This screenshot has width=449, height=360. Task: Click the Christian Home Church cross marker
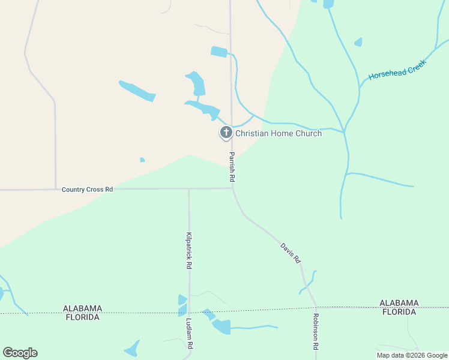(x=226, y=133)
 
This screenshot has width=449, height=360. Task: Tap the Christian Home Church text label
(x=279, y=133)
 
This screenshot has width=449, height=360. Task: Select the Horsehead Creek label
(x=397, y=70)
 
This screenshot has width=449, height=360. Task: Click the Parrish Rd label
(x=231, y=167)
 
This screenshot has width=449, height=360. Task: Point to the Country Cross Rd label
(x=87, y=190)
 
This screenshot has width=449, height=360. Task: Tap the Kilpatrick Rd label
(x=188, y=250)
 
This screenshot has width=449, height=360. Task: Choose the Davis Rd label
(x=290, y=253)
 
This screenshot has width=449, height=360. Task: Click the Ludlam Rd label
(x=189, y=334)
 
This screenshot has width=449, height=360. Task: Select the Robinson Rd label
(x=316, y=331)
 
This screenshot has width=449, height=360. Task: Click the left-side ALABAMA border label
(x=82, y=308)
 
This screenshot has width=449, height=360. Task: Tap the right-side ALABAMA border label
(x=399, y=303)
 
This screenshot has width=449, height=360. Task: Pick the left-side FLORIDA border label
(x=82, y=317)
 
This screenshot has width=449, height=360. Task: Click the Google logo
(x=20, y=353)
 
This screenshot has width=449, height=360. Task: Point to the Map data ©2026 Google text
(x=412, y=355)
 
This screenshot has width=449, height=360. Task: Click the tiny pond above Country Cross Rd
(x=142, y=160)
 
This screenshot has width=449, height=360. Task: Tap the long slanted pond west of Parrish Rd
(x=137, y=91)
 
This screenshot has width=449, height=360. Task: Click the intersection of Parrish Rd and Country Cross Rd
(x=232, y=188)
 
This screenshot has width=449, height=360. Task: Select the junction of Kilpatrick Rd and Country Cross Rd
(x=188, y=188)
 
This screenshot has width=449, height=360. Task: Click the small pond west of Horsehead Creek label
(x=358, y=42)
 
